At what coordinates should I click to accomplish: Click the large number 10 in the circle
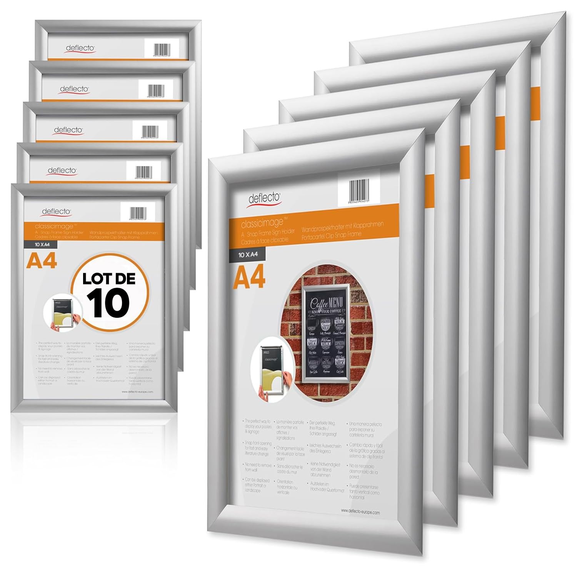pos(109,303)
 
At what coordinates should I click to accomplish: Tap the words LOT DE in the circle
pos(109,279)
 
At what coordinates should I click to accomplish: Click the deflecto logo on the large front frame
pos(264,198)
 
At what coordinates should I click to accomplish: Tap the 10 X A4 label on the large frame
pos(248,255)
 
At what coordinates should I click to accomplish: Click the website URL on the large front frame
pos(360,512)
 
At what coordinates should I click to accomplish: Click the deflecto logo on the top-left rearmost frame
pos(80,48)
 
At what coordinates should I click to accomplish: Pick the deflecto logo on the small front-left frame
pos(56,212)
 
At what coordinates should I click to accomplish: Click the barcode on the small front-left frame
pos(138,213)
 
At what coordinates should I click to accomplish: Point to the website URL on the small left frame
pos(137,392)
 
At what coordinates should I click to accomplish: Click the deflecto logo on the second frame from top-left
pos(74,89)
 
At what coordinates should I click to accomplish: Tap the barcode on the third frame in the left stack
pos(150,130)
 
